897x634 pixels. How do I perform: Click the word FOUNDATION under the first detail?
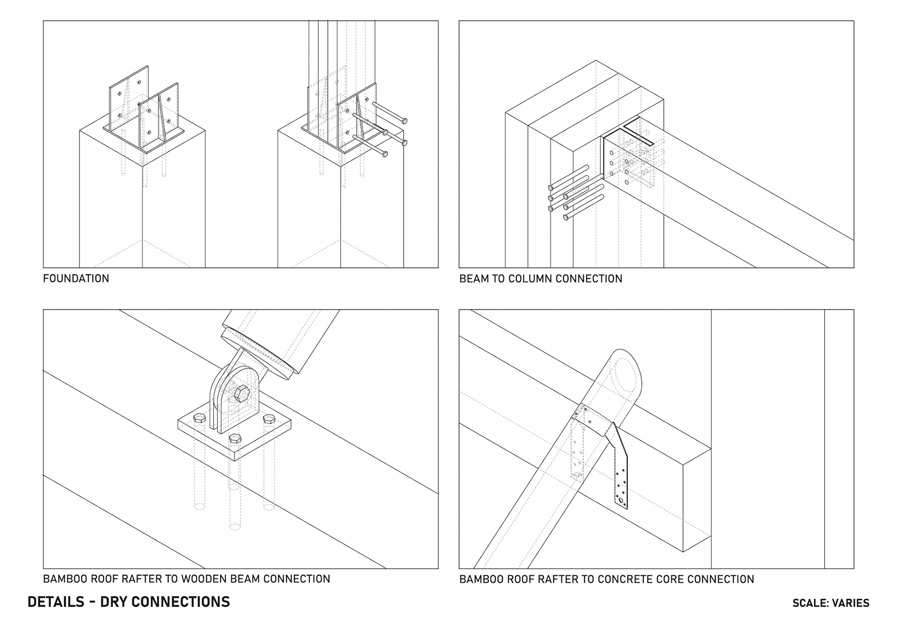pyautogui.click(x=76, y=278)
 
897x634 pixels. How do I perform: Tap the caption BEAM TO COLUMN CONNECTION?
pyautogui.click(x=541, y=279)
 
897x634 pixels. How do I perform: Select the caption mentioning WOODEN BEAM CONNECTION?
pyautogui.click(x=186, y=579)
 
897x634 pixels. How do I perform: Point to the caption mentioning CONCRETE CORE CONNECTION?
pyautogui.click(x=606, y=579)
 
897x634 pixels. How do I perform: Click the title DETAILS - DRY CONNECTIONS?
pyautogui.click(x=128, y=602)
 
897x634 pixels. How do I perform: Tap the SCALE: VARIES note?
pyautogui.click(x=831, y=603)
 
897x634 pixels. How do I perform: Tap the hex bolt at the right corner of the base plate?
pyautogui.click(x=269, y=419)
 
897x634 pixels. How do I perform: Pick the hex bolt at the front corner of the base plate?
pyautogui.click(x=235, y=439)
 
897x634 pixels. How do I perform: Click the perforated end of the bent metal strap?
pyautogui.click(x=621, y=491)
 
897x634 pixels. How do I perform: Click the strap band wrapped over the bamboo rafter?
pyautogui.click(x=593, y=417)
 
